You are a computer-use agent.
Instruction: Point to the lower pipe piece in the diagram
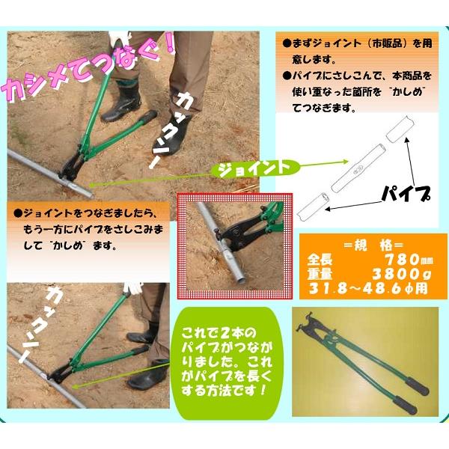pos(314,206)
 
